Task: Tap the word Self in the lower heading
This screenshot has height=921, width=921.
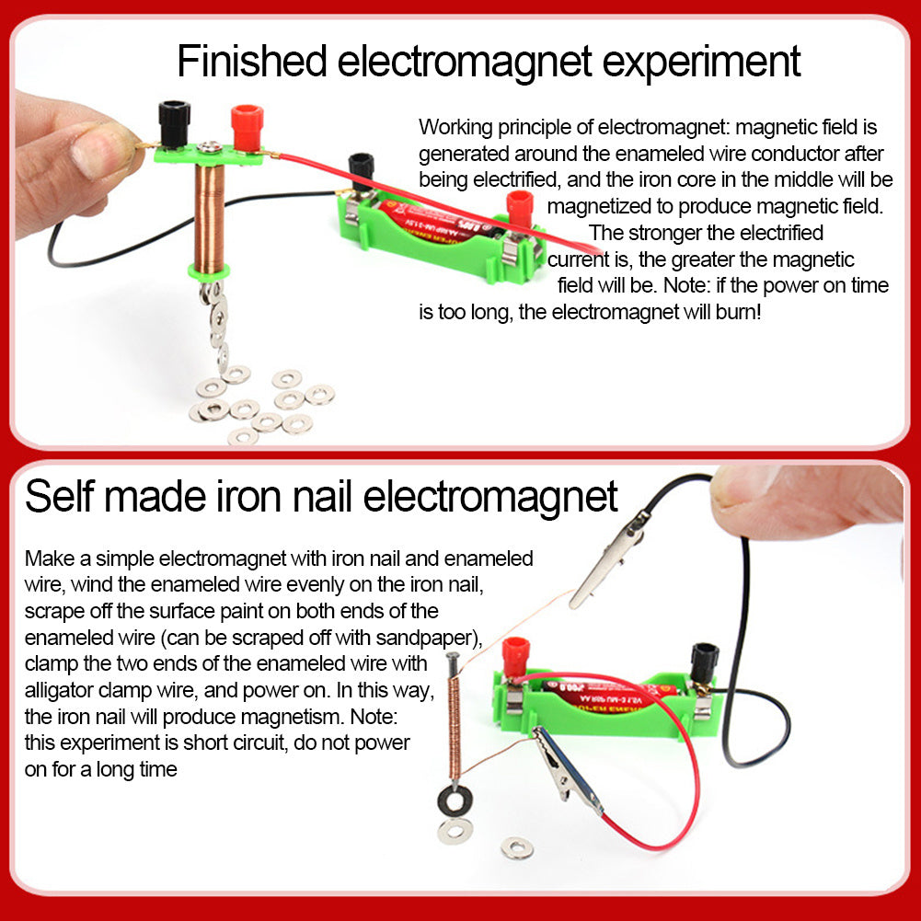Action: (x=58, y=497)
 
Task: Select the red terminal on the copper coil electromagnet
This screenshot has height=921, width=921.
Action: (x=247, y=128)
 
